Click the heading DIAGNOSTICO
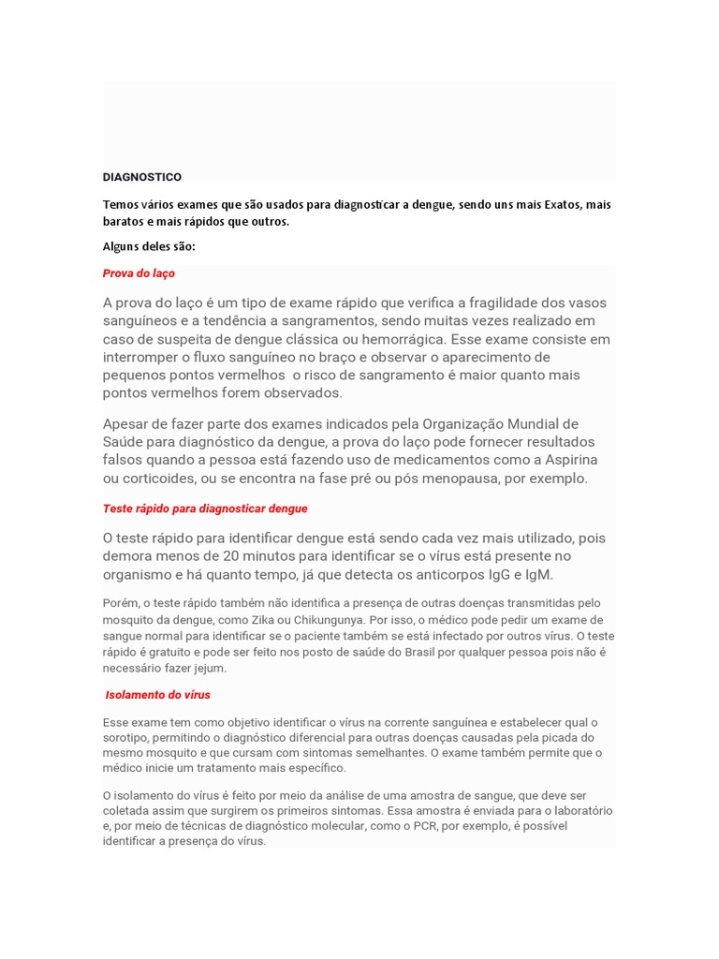click(141, 177)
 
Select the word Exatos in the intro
click(560, 204)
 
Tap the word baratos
click(125, 222)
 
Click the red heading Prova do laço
click(139, 273)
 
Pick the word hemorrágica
click(399, 339)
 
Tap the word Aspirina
click(565, 460)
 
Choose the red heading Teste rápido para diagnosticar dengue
click(204, 509)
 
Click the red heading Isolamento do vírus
click(157, 695)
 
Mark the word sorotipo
click(125, 738)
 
